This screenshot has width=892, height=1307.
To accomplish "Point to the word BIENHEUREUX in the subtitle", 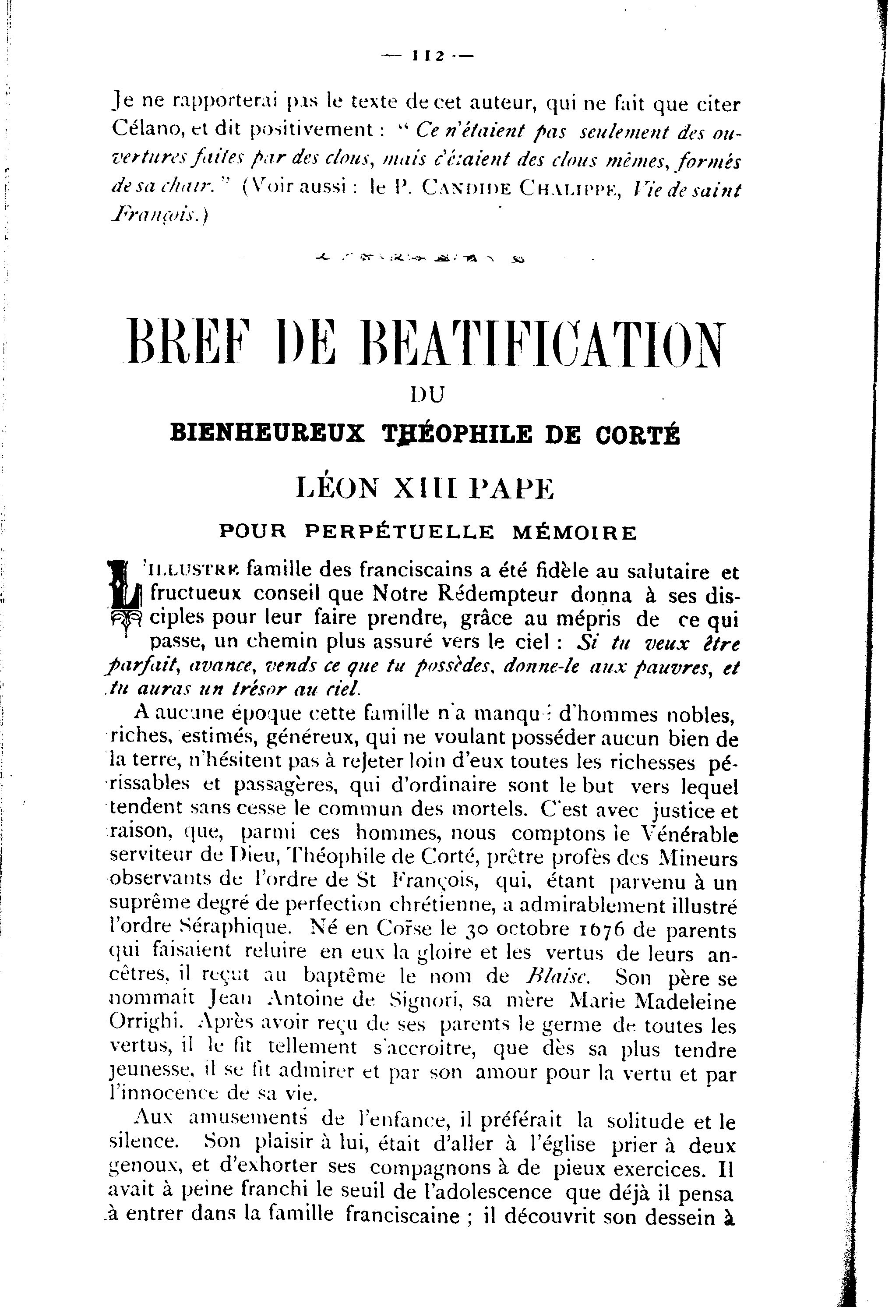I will (267, 434).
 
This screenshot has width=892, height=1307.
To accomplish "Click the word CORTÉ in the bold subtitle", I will (638, 434).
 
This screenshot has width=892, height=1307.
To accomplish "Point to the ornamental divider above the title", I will (419, 259).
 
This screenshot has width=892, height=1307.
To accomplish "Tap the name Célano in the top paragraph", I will (146, 129).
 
